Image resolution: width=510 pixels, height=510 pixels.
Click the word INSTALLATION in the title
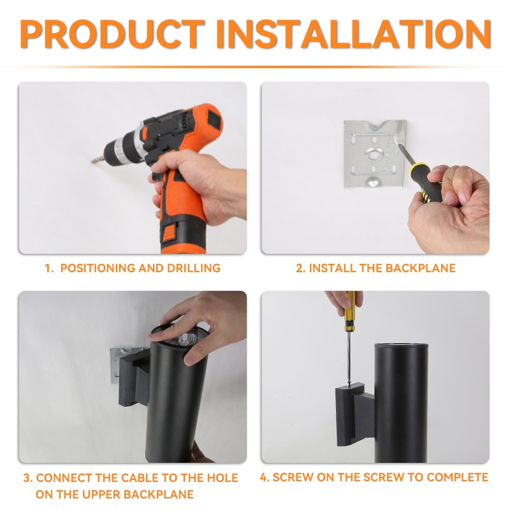point(354,34)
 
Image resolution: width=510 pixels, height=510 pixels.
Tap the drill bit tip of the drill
point(92,161)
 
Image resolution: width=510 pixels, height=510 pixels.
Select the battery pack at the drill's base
point(184,237)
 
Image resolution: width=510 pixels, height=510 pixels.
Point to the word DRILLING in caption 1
point(194,268)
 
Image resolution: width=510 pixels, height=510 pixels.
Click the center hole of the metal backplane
point(375,154)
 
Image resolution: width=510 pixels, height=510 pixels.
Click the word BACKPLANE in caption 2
point(420,268)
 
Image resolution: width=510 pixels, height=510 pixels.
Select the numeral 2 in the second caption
point(298,268)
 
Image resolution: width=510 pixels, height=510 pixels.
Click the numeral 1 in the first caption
point(47,268)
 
